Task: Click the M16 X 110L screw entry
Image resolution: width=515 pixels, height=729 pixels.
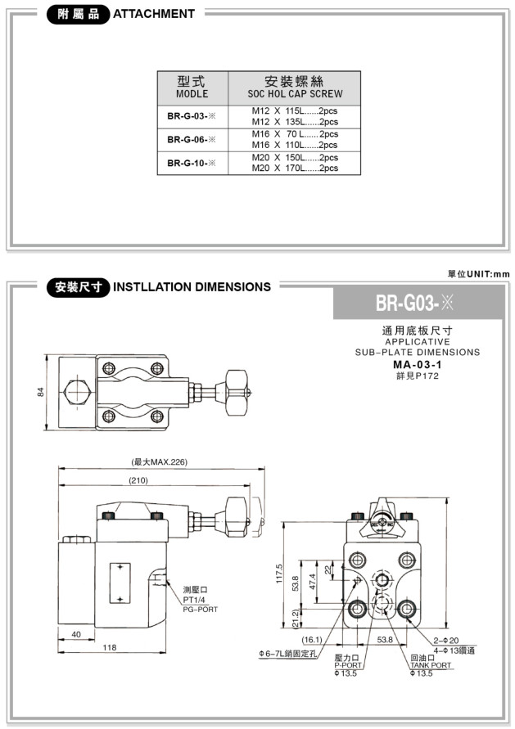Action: (294, 145)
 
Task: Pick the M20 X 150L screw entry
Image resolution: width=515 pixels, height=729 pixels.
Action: (294, 157)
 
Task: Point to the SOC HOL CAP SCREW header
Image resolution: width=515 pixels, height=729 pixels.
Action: (295, 94)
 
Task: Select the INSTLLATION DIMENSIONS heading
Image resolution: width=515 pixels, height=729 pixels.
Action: (192, 287)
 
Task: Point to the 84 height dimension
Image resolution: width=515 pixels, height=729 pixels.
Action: (41, 393)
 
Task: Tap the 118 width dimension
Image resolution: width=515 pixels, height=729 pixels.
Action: (109, 647)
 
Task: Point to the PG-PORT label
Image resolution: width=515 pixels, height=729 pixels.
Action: (201, 610)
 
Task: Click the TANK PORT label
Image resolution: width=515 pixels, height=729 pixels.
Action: (431, 665)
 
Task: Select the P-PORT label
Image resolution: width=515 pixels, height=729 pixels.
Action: (348, 665)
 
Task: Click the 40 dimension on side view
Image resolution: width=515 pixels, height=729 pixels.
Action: (75, 634)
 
